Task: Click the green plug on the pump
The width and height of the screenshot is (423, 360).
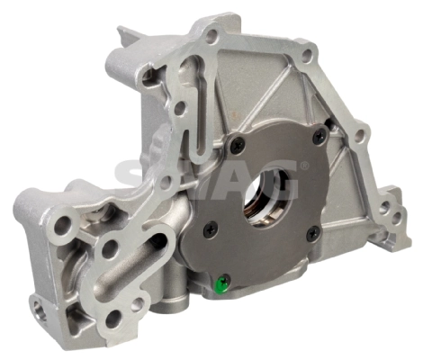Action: [222, 284]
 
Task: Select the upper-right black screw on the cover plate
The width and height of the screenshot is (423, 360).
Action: [320, 137]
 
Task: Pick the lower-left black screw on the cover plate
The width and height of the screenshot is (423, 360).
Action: [211, 229]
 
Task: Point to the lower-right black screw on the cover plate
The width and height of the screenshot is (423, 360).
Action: [313, 233]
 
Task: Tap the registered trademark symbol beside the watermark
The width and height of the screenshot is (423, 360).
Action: [304, 165]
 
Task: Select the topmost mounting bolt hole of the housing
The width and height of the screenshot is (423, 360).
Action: [212, 35]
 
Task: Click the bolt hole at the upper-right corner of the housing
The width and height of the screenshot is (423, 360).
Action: [306, 56]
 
